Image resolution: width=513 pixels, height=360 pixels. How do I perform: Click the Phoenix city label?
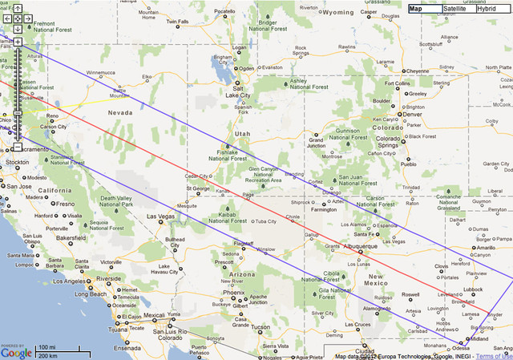pos(233,292)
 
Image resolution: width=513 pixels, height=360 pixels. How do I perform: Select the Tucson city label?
pos(261,326)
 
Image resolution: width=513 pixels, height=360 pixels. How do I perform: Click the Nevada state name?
pos(119,113)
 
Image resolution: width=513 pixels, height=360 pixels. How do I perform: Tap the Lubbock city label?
pos(473,289)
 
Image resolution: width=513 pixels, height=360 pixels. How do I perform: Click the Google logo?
pos(16,351)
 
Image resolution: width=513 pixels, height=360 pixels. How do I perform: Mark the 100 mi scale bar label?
pos(47,346)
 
